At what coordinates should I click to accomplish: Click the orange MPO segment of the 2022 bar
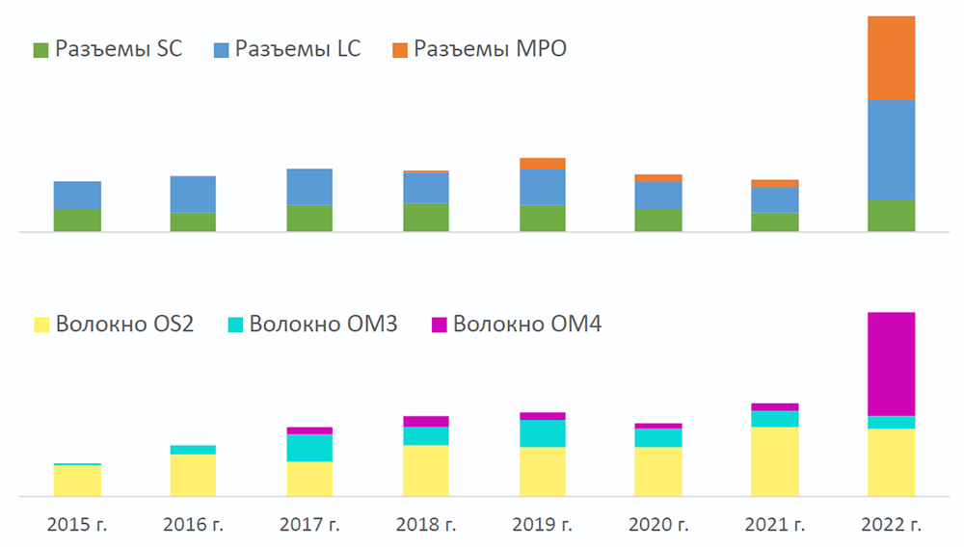pyautogui.click(x=891, y=58)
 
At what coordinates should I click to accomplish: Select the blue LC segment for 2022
pyautogui.click(x=891, y=149)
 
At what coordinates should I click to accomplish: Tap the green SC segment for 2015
pyautogui.click(x=77, y=221)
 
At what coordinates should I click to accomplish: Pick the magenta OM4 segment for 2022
pyautogui.click(x=891, y=364)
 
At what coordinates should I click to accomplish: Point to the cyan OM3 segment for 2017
pyautogui.click(x=308, y=448)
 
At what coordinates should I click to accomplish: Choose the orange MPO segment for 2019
pyautogui.click(x=542, y=164)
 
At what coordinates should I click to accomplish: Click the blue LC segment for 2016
pyautogui.click(x=193, y=195)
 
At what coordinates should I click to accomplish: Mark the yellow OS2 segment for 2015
pyautogui.click(x=77, y=481)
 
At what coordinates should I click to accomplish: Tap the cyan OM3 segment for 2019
pyautogui.click(x=542, y=433)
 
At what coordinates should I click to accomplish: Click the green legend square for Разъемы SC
pyautogui.click(x=40, y=50)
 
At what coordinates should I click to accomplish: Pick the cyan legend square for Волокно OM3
pyautogui.click(x=234, y=325)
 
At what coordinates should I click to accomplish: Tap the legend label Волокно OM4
pyautogui.click(x=526, y=324)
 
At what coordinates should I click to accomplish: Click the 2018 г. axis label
pyautogui.click(x=425, y=526)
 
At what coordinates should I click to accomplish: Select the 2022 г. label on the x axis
pyautogui.click(x=891, y=526)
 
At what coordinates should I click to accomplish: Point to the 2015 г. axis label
pyautogui.click(x=77, y=526)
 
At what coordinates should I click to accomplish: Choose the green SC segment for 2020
pyautogui.click(x=658, y=221)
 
